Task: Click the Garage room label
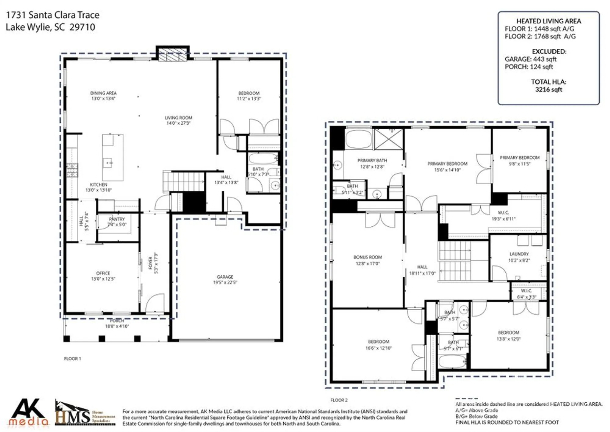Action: (x=225, y=277)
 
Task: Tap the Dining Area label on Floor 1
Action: (x=103, y=93)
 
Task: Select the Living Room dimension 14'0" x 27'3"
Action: (x=178, y=123)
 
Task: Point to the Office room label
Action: (x=103, y=273)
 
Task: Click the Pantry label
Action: (x=117, y=219)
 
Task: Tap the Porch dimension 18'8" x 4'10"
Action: (x=117, y=326)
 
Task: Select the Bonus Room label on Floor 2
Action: (x=368, y=257)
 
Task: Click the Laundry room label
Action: (x=519, y=254)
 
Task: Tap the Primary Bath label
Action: (x=372, y=160)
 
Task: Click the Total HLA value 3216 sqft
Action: (x=548, y=90)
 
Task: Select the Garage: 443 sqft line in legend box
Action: (x=530, y=59)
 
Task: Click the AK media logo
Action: (x=28, y=412)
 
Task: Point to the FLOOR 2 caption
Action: (x=339, y=400)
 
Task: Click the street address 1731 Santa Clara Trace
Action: (x=53, y=15)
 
